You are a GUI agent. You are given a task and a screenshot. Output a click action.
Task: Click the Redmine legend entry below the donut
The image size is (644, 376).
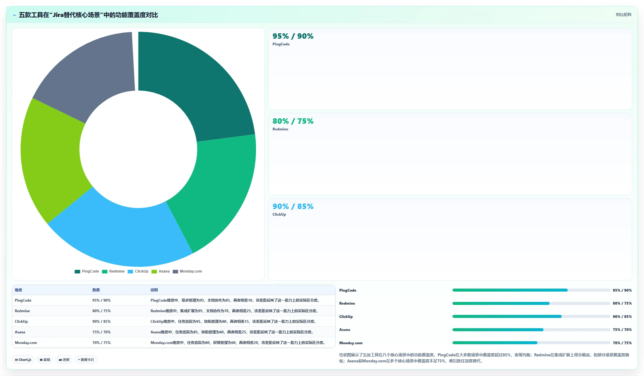pos(113,271)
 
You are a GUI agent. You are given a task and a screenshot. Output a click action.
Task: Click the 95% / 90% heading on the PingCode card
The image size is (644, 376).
pos(293,36)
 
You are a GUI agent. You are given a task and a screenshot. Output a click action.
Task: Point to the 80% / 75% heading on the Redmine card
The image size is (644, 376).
pos(293,121)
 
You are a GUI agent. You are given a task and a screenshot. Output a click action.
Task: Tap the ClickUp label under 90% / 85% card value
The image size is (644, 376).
pos(279,214)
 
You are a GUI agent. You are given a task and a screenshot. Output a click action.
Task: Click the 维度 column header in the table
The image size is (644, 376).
pos(18,290)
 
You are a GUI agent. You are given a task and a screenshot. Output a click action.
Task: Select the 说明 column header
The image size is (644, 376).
pos(154,290)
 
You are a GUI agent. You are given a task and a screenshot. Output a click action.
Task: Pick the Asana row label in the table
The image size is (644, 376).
pos(20,332)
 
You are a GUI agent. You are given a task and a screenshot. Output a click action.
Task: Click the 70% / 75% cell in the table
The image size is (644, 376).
pos(101,343)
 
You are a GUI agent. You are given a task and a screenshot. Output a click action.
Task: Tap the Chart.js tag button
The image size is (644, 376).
pos(23,360)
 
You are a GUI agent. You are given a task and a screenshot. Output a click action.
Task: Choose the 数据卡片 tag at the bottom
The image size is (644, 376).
pos(86,360)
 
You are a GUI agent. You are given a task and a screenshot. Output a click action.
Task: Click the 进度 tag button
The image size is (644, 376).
pos(64,360)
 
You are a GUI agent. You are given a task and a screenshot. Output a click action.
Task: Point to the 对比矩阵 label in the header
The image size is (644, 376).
pos(623,15)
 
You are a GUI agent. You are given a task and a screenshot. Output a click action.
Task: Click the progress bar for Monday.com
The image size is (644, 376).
pos(531,343)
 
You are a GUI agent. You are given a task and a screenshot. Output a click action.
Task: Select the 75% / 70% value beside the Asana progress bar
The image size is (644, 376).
pos(622,330)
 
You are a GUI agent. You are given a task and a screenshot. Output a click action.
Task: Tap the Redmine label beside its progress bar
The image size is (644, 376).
pos(347,303)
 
